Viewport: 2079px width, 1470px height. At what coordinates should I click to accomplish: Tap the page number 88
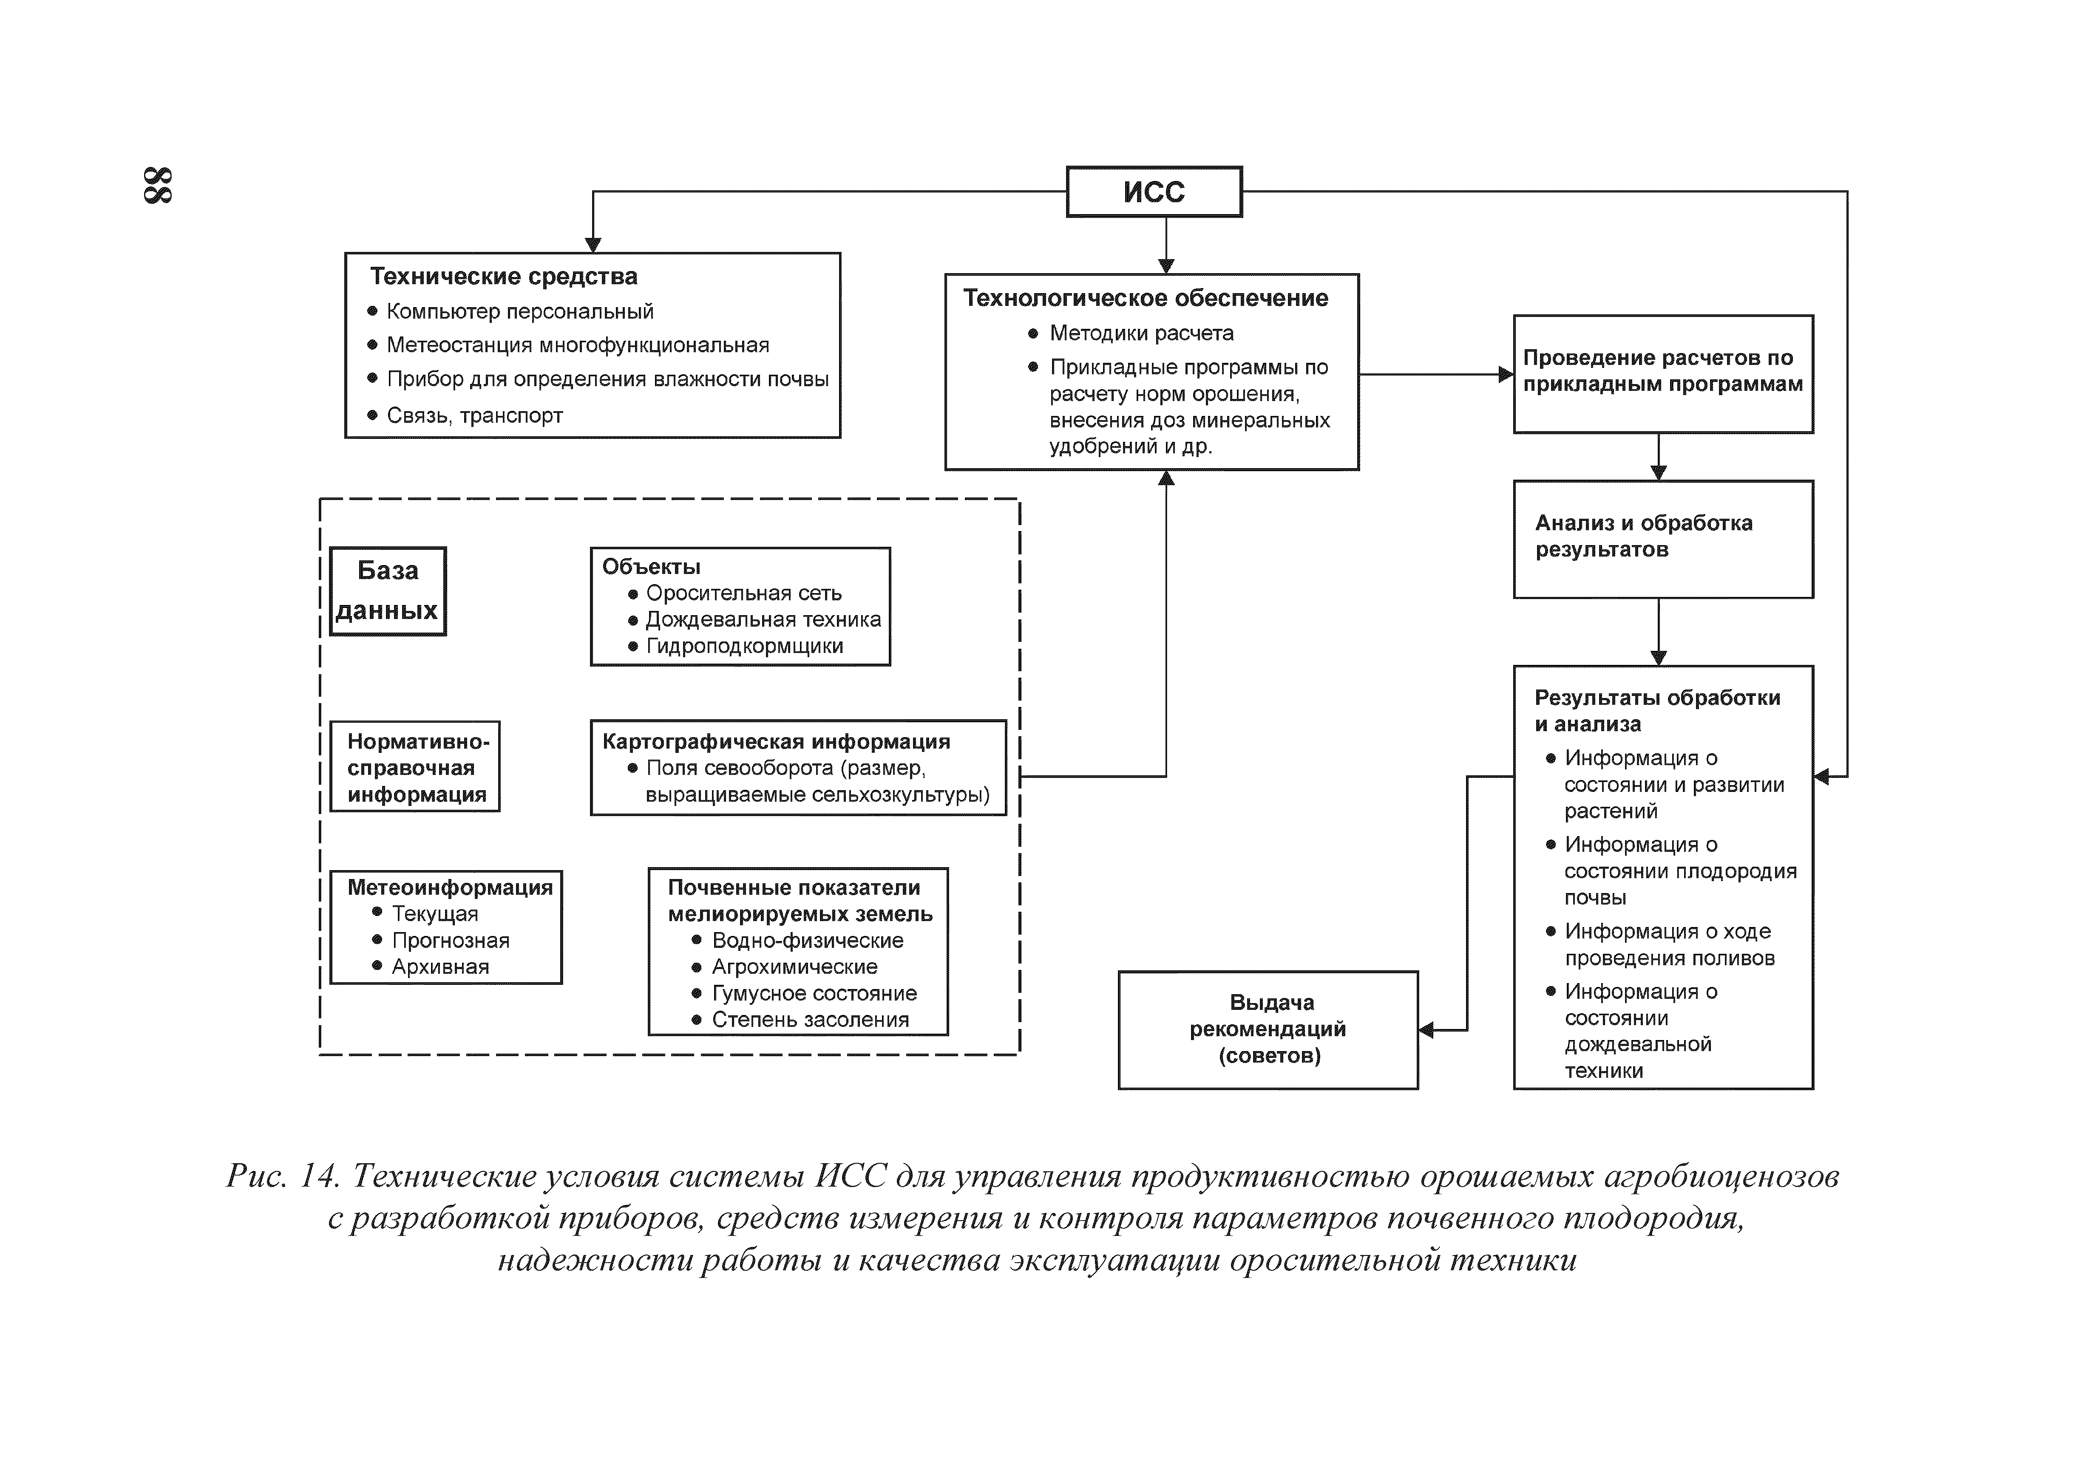(159, 186)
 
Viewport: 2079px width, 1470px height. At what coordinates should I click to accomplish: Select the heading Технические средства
(503, 276)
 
